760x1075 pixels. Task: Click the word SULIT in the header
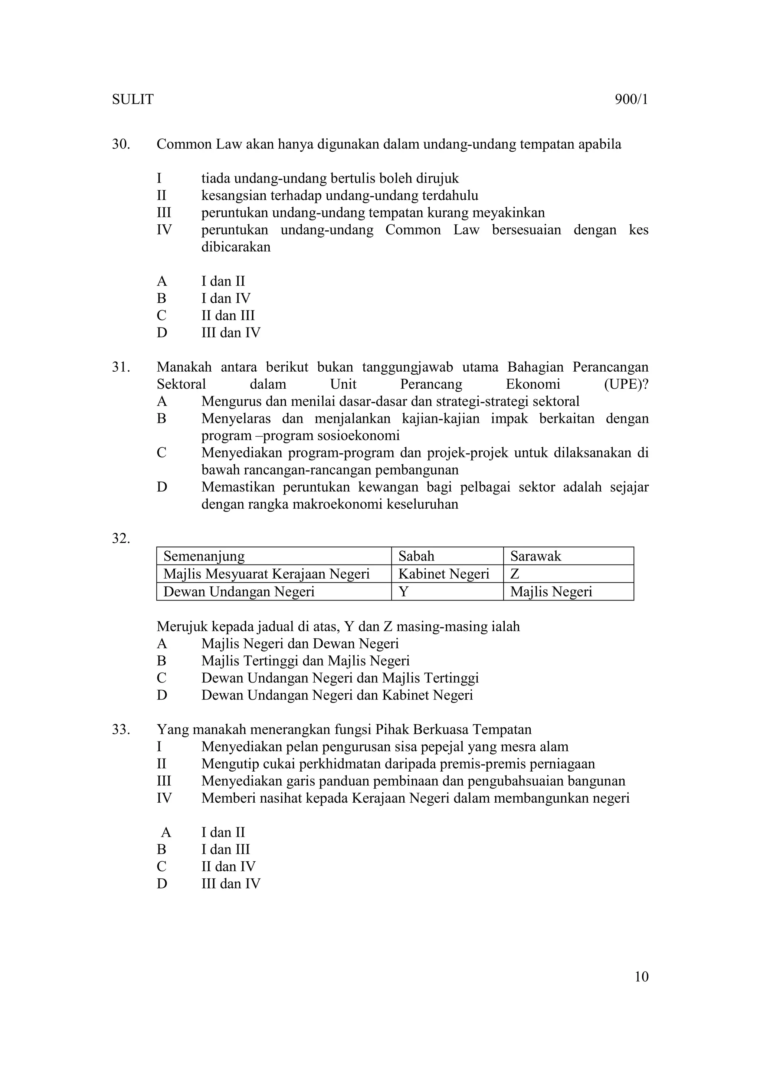pyautogui.click(x=132, y=100)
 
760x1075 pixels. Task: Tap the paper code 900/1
pyautogui.click(x=631, y=100)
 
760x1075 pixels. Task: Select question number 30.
pyautogui.click(x=121, y=144)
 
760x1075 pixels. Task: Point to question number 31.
pyautogui.click(x=121, y=367)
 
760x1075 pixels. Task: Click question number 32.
pyautogui.click(x=121, y=539)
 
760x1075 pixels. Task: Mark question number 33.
pyautogui.click(x=121, y=729)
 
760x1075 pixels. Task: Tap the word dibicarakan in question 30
pyautogui.click(x=236, y=247)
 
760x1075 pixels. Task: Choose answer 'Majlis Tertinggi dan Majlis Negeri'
pyautogui.click(x=305, y=661)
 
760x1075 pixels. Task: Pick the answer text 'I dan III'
pyautogui.click(x=226, y=849)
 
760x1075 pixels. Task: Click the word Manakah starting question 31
pyautogui.click(x=184, y=367)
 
